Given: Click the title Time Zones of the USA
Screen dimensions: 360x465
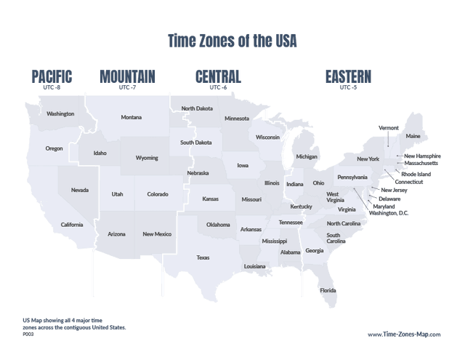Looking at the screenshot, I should tap(232, 41).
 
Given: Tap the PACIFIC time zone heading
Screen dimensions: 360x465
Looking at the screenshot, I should tap(52, 76).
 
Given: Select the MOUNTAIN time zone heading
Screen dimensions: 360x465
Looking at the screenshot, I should tap(128, 76).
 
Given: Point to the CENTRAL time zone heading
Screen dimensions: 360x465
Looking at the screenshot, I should tap(218, 76).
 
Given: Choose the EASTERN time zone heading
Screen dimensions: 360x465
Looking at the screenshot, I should tap(349, 76).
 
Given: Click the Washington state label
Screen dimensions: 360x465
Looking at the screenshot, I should tap(60, 113).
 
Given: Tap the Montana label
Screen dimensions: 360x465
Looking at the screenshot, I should tap(132, 117).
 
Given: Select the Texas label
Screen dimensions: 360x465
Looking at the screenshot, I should tap(203, 257).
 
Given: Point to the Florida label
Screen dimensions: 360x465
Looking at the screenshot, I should tap(328, 290).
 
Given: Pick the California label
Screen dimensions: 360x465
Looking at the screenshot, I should tap(72, 225).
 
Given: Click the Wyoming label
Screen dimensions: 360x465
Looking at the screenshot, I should tap(147, 157).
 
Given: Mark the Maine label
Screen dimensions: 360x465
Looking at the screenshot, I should tap(413, 136).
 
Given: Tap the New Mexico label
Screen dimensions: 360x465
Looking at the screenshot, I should tap(157, 233).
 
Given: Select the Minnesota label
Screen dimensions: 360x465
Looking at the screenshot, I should tap(237, 118).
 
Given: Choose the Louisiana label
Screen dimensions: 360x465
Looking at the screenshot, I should tap(255, 266).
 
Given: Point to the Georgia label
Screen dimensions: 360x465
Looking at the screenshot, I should tap(315, 250).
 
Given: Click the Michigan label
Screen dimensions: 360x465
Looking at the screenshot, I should tap(307, 156).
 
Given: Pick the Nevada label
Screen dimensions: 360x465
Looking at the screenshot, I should tap(80, 190).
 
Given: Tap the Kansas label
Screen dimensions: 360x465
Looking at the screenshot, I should tap(210, 198).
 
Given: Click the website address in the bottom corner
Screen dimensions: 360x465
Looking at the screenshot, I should tap(404, 335).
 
